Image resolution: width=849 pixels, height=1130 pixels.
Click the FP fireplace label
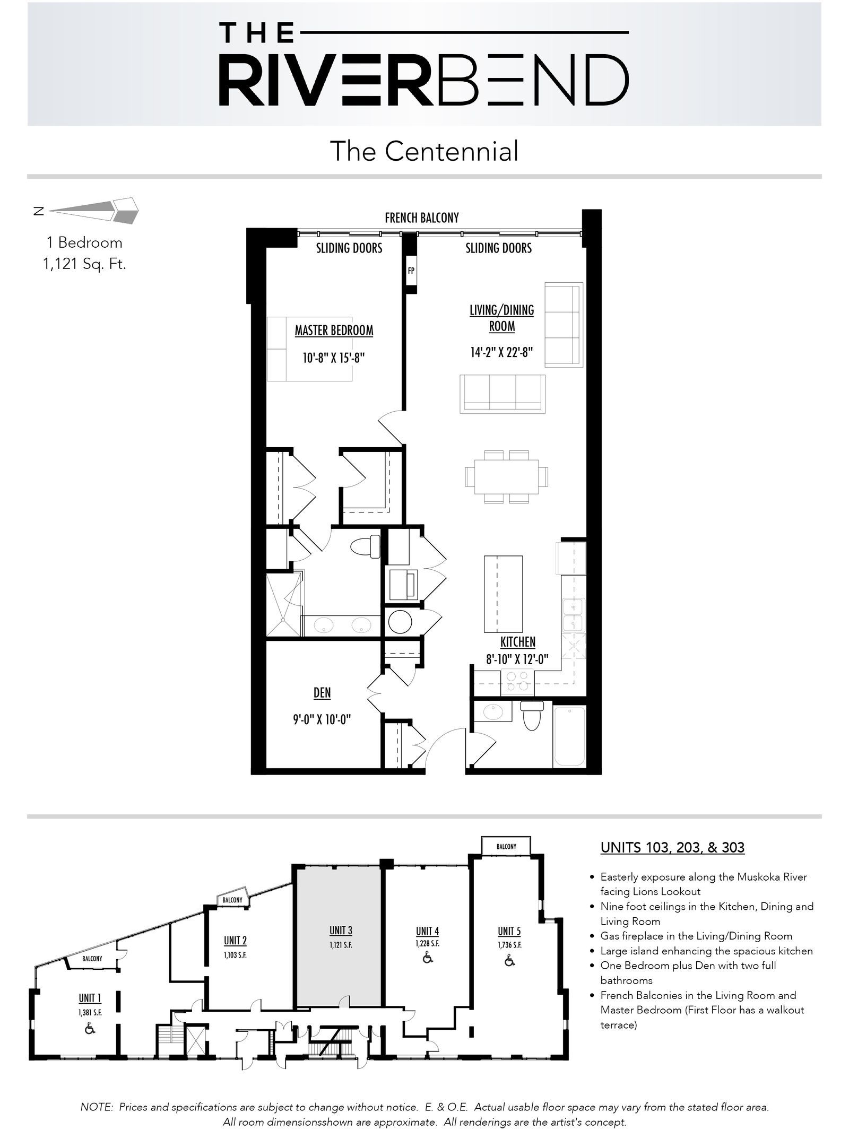(411, 271)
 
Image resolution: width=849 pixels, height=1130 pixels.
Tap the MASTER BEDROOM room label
(334, 331)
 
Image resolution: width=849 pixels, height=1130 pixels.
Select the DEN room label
(322, 693)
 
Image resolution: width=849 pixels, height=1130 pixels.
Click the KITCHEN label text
(518, 642)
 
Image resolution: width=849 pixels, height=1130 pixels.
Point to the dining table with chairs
(507, 476)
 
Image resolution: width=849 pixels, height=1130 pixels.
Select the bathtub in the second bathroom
(569, 737)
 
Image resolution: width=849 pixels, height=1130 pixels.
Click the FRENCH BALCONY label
(422, 218)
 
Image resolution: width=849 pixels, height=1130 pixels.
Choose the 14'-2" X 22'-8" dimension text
(501, 352)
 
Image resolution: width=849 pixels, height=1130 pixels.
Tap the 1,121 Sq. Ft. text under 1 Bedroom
(84, 264)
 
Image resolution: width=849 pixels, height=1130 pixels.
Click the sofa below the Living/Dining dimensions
(503, 393)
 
